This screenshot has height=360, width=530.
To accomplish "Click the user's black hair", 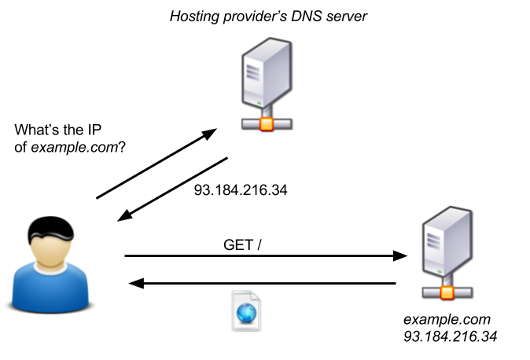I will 50,236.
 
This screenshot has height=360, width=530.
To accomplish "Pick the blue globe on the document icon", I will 247,312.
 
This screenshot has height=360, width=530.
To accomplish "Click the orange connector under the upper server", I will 267,123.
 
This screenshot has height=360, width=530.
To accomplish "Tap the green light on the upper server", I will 259,101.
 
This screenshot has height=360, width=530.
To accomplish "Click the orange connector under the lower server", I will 447,292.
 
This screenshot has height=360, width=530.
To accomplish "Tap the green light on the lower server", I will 439,270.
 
